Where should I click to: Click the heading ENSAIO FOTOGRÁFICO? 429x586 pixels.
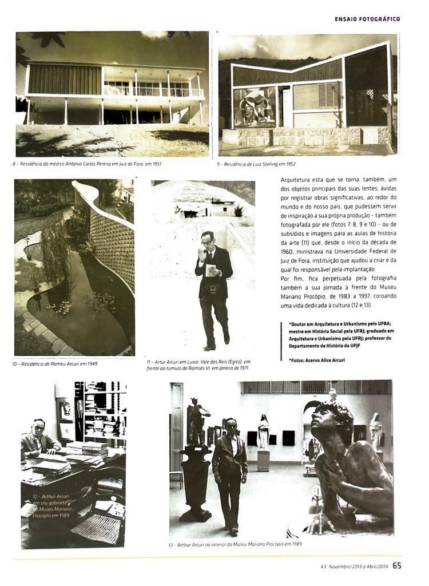(367, 19)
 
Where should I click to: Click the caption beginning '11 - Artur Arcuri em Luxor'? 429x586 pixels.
(198, 365)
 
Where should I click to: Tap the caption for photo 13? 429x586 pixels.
(235, 544)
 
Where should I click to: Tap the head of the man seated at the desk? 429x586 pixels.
(38, 426)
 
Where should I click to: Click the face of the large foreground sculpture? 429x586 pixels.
(327, 421)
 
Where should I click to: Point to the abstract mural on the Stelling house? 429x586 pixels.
(254, 106)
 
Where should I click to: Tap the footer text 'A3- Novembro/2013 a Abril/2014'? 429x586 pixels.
(354, 567)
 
